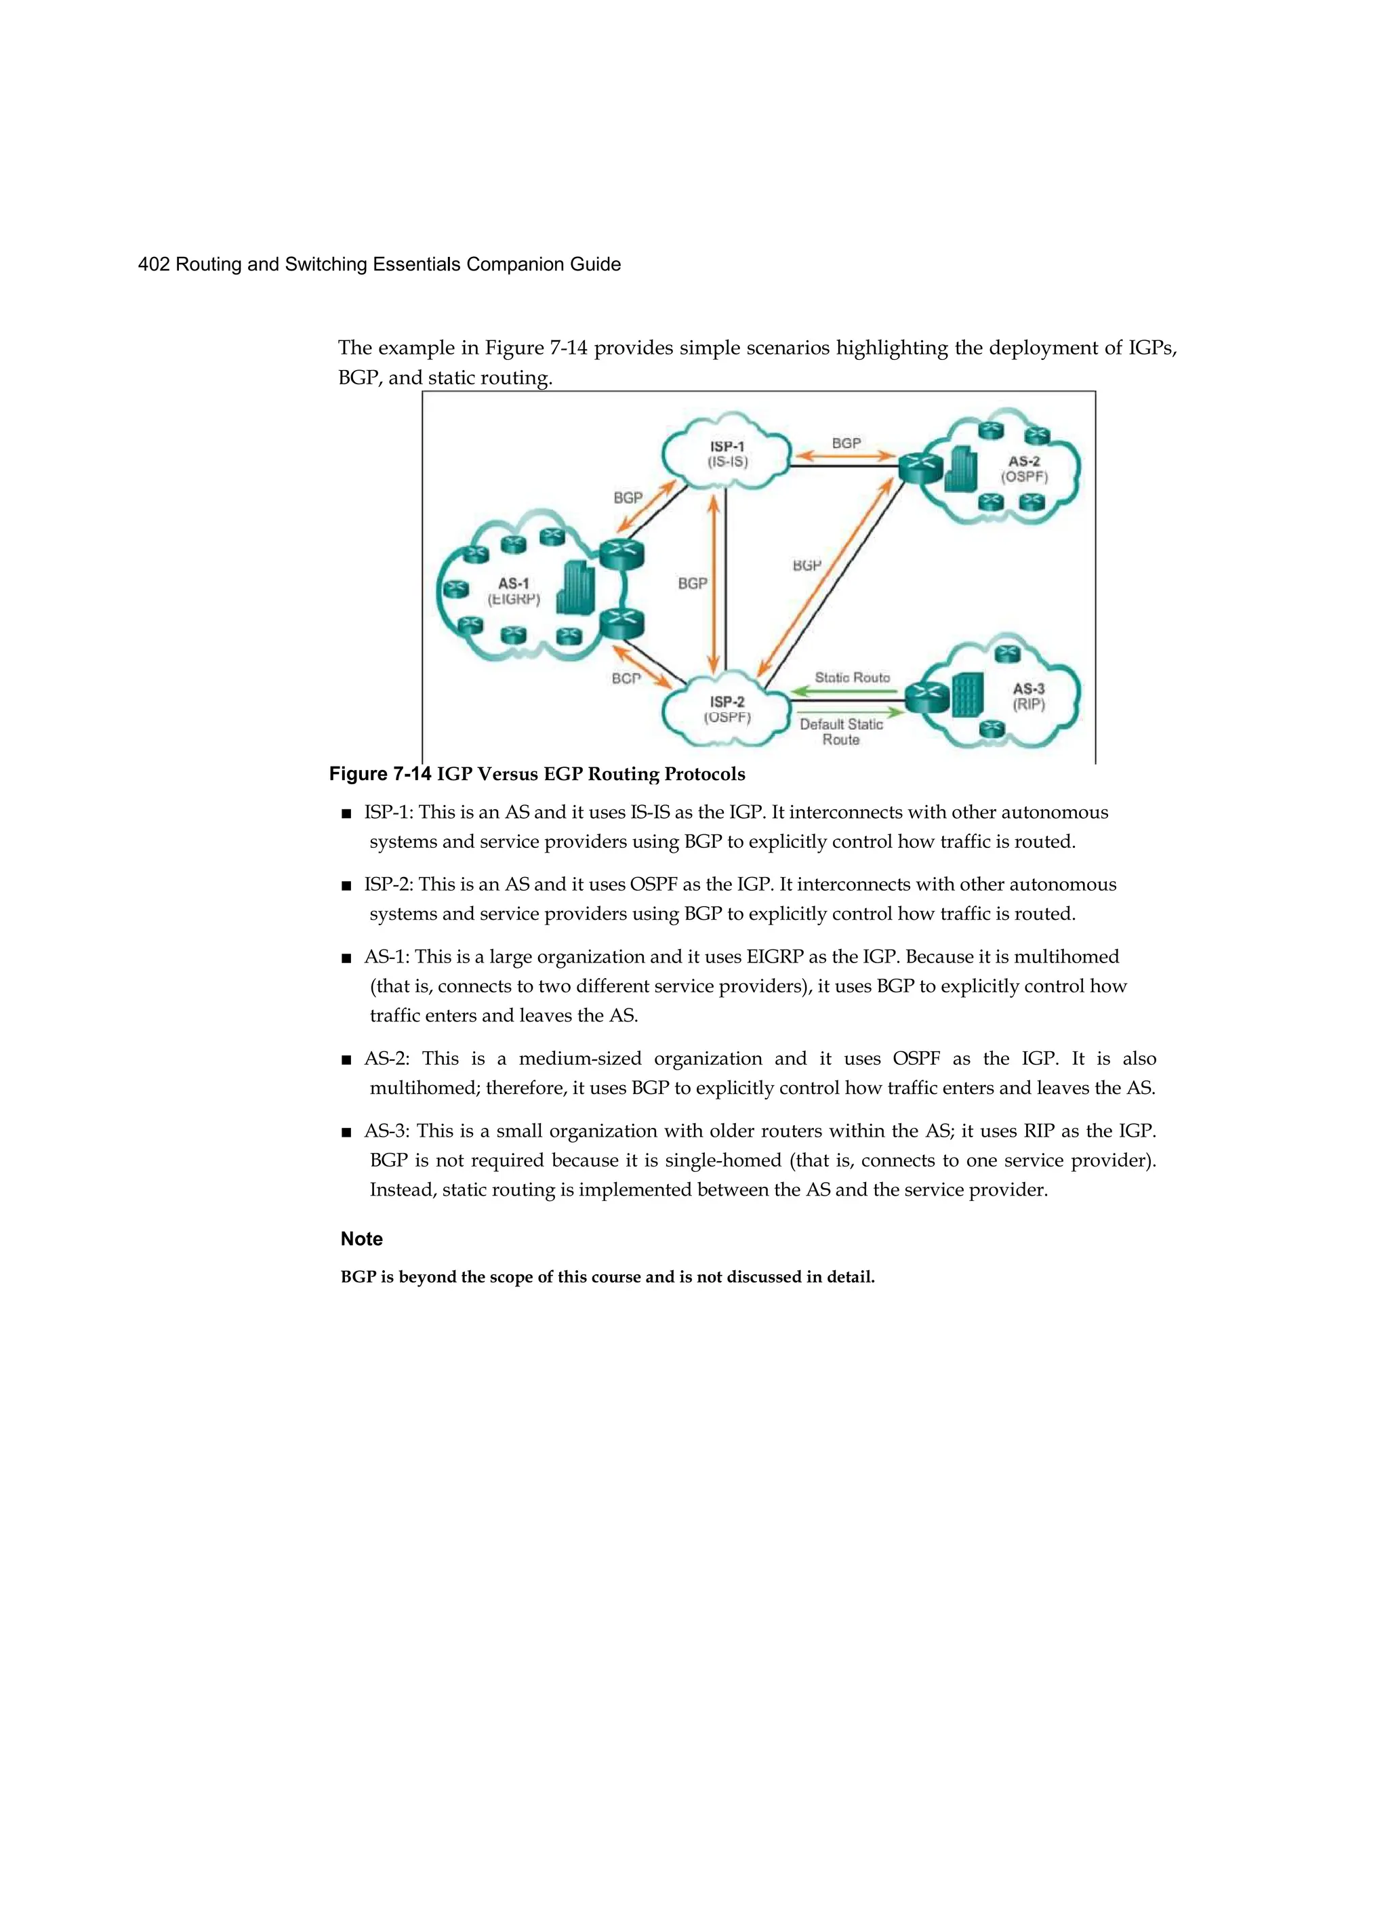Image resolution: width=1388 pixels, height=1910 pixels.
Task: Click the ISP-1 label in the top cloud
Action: click(x=727, y=447)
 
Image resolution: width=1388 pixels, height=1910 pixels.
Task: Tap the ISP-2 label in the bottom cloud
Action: click(x=727, y=702)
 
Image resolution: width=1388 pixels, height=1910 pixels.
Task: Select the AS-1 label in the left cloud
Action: click(x=514, y=583)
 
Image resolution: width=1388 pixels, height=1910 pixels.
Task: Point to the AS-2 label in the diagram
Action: click(x=1024, y=461)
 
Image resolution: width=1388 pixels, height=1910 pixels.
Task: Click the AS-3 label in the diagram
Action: click(x=1028, y=688)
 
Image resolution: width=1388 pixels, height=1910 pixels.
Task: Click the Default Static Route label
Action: click(x=841, y=731)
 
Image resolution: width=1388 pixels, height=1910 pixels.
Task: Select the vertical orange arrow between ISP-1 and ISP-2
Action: click(x=714, y=583)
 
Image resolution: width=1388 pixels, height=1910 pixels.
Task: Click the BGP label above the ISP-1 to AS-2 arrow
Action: click(x=846, y=443)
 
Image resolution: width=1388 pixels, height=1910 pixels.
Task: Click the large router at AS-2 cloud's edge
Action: click(x=919, y=468)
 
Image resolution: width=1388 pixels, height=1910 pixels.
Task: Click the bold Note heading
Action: click(x=361, y=1239)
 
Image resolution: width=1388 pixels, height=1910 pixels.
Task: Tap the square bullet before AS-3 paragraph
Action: click(x=346, y=1133)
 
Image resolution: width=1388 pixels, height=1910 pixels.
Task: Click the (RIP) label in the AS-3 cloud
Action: click(x=1028, y=705)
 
